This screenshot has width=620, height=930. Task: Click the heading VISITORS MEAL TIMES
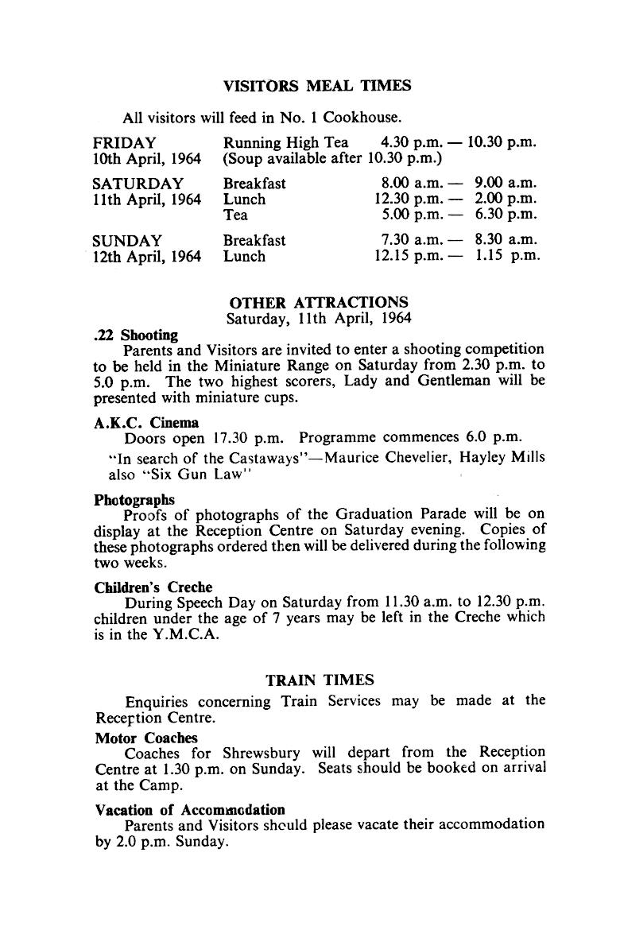[x=317, y=86]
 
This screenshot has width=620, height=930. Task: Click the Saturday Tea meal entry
[x=235, y=215]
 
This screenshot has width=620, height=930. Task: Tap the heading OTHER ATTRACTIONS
[x=319, y=303]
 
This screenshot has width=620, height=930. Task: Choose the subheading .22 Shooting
[x=135, y=335]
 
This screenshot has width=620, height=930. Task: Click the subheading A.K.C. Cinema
[x=146, y=422]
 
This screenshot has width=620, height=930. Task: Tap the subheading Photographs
[x=134, y=500]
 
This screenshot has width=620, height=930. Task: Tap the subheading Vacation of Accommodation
[x=190, y=810]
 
